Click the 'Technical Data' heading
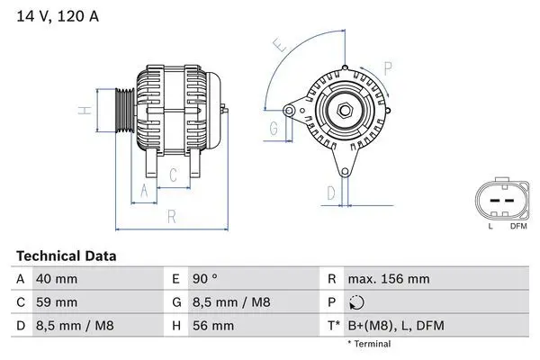tap(67, 256)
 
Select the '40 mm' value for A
tap(55, 279)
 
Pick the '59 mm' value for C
tap(55, 301)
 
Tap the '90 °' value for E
tap(204, 279)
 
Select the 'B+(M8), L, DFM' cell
tap(395, 325)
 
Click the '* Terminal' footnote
tap(369, 343)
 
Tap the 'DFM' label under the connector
tap(518, 226)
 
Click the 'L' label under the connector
tap(490, 226)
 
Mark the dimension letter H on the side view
tap(82, 111)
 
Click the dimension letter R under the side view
tap(170, 216)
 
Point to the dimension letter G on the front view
tap(274, 129)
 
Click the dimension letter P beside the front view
tap(388, 67)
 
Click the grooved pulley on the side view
tap(124, 111)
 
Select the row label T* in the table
tap(332, 325)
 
